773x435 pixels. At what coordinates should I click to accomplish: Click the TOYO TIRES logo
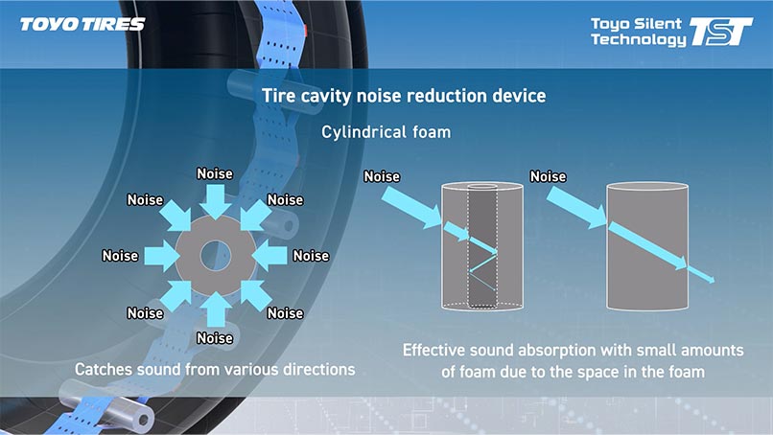(82, 24)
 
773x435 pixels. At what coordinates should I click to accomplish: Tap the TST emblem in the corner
(721, 32)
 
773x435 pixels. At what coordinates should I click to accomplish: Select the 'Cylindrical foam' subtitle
(386, 132)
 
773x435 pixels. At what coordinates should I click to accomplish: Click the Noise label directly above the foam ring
(215, 173)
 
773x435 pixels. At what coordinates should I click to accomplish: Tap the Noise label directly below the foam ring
(215, 338)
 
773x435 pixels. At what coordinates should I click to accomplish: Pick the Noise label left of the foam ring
(120, 256)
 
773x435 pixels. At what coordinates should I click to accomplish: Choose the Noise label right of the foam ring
(311, 256)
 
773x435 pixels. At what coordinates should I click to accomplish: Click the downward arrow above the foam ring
(215, 202)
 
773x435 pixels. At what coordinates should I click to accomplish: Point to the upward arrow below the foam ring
(215, 309)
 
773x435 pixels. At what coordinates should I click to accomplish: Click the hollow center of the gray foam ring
(216, 256)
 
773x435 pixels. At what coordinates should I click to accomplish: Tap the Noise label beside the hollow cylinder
(382, 176)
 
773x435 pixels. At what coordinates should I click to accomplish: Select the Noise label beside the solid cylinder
(548, 176)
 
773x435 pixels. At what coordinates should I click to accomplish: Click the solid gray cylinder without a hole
(646, 246)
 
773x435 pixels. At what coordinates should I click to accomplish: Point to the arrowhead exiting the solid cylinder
(710, 280)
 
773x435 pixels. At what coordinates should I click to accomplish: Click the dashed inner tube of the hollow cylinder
(482, 246)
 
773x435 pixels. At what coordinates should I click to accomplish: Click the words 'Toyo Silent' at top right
(636, 24)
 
